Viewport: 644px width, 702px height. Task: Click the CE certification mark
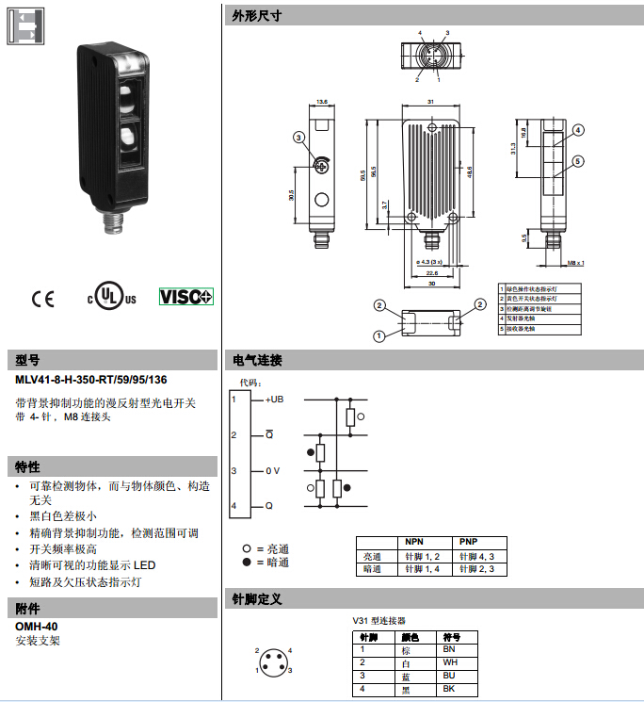pos(43,299)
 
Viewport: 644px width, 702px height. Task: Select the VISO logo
pos(185,296)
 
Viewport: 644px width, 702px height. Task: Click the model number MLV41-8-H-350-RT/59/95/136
pos(91,381)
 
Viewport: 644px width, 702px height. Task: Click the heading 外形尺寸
pos(257,16)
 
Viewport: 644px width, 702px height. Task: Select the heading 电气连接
pos(257,360)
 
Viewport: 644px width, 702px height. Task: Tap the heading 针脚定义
pos(257,598)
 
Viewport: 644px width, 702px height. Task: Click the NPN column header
pos(414,543)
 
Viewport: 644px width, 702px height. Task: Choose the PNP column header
pos(469,543)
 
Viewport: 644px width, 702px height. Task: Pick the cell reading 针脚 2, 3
pos(476,569)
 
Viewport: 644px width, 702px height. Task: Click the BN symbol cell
pos(449,650)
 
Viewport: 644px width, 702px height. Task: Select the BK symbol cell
pos(449,690)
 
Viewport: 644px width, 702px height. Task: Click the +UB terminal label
pos(273,400)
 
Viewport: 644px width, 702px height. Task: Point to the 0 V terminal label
pos(272,470)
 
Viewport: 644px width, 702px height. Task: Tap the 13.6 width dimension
pos(322,102)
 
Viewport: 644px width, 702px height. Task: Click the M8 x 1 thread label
pos(576,263)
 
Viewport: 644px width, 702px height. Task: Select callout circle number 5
pos(578,161)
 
